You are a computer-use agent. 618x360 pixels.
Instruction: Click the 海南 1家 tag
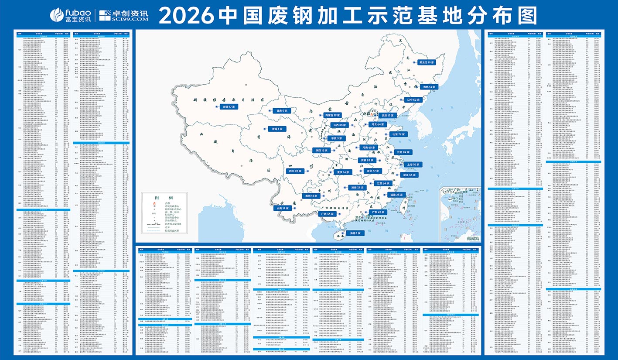(354, 233)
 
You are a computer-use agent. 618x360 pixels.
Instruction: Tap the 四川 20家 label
(296, 171)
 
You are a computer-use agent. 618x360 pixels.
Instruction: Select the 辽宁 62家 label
(413, 99)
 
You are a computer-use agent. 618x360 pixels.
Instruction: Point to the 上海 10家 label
(412, 165)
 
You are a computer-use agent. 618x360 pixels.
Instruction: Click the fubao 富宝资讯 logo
(71, 15)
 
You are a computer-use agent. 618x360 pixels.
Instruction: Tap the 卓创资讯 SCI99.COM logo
(124, 15)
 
